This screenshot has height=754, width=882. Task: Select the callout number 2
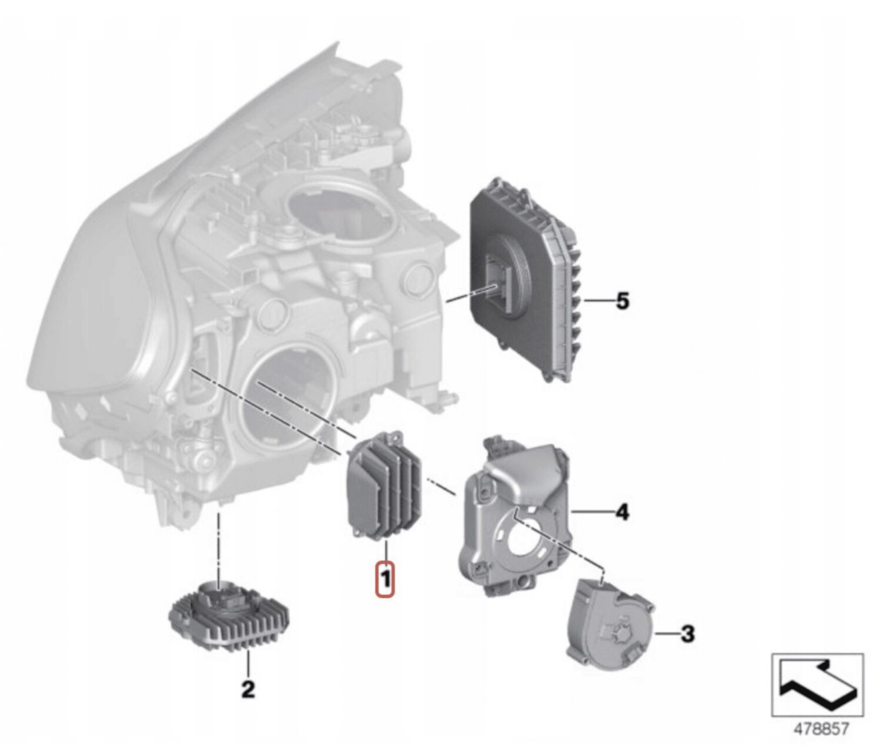pos(248,689)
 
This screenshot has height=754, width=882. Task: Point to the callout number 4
pos(622,512)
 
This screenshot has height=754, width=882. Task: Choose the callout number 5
pos(623,302)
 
